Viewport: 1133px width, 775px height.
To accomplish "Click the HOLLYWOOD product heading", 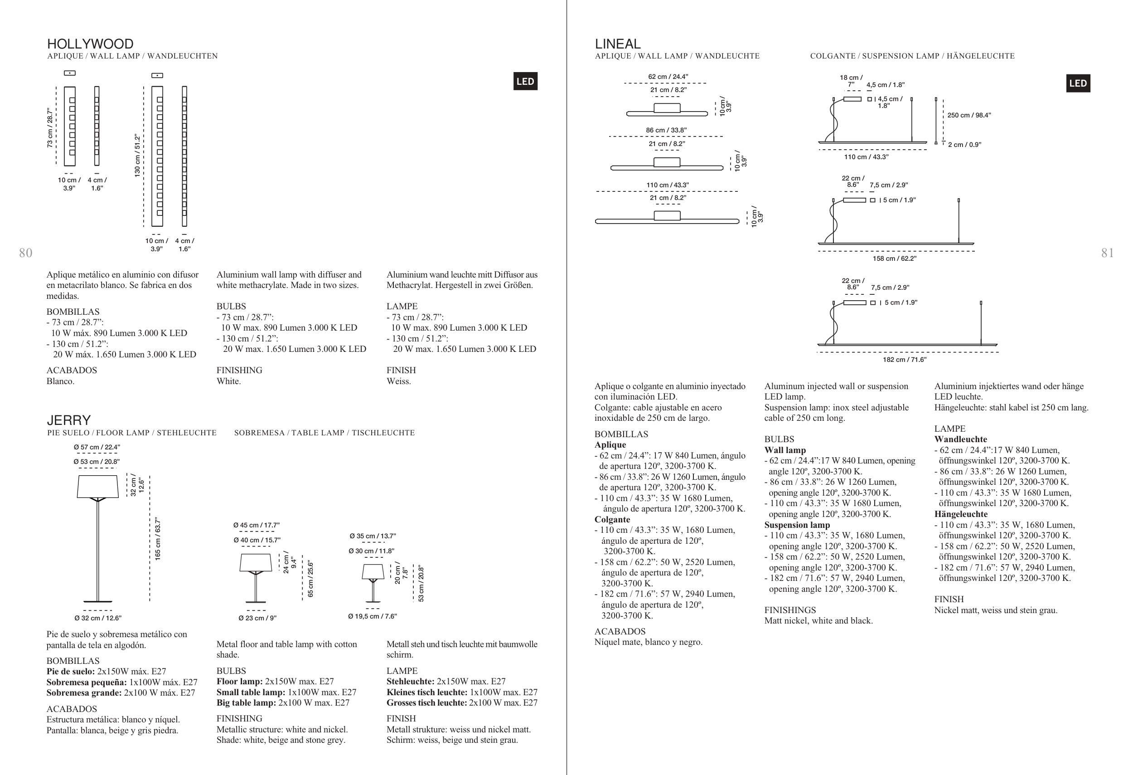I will tap(90, 44).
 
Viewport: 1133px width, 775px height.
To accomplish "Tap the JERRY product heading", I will tap(69, 420).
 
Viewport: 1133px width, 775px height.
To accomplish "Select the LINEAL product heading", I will tap(618, 44).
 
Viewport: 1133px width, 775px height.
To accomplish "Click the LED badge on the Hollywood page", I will tap(525, 82).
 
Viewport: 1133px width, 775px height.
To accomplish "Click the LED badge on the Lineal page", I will tap(1078, 83).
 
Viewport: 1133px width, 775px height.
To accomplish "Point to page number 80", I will tap(25, 253).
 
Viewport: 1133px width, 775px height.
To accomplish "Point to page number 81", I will tap(1108, 253).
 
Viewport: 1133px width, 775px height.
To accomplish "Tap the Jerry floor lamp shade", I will tap(98, 486).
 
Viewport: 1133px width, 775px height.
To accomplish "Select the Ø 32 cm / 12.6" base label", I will tap(98, 618).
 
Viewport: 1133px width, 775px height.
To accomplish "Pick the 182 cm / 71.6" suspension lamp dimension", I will tap(904, 360).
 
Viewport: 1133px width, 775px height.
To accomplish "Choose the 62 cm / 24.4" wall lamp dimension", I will tap(668, 77).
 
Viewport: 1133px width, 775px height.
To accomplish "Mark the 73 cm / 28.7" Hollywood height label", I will tap(50, 128).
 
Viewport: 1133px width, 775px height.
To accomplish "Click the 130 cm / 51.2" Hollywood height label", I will tap(137, 156).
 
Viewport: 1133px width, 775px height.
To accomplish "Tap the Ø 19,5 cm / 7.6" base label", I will tap(373, 616).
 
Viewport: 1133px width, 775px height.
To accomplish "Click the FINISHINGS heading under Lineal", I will tap(790, 610).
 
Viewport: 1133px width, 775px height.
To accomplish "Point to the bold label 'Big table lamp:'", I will tap(246, 703).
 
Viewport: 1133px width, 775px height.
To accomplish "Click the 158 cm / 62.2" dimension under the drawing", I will tap(894, 258).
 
